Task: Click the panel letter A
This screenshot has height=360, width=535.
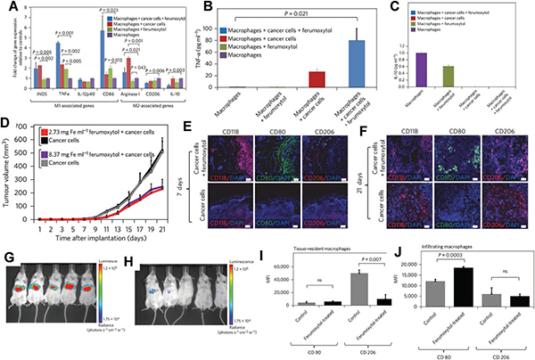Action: tap(8, 8)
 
